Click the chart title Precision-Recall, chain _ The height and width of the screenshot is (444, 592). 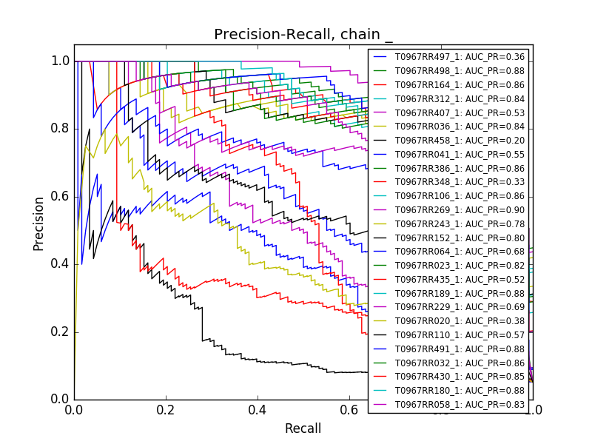click(303, 35)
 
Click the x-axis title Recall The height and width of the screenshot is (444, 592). click(303, 428)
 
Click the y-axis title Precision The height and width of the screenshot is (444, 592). click(38, 223)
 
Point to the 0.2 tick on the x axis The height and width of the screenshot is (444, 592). click(166, 400)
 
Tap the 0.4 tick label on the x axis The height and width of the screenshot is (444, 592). click(258, 409)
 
